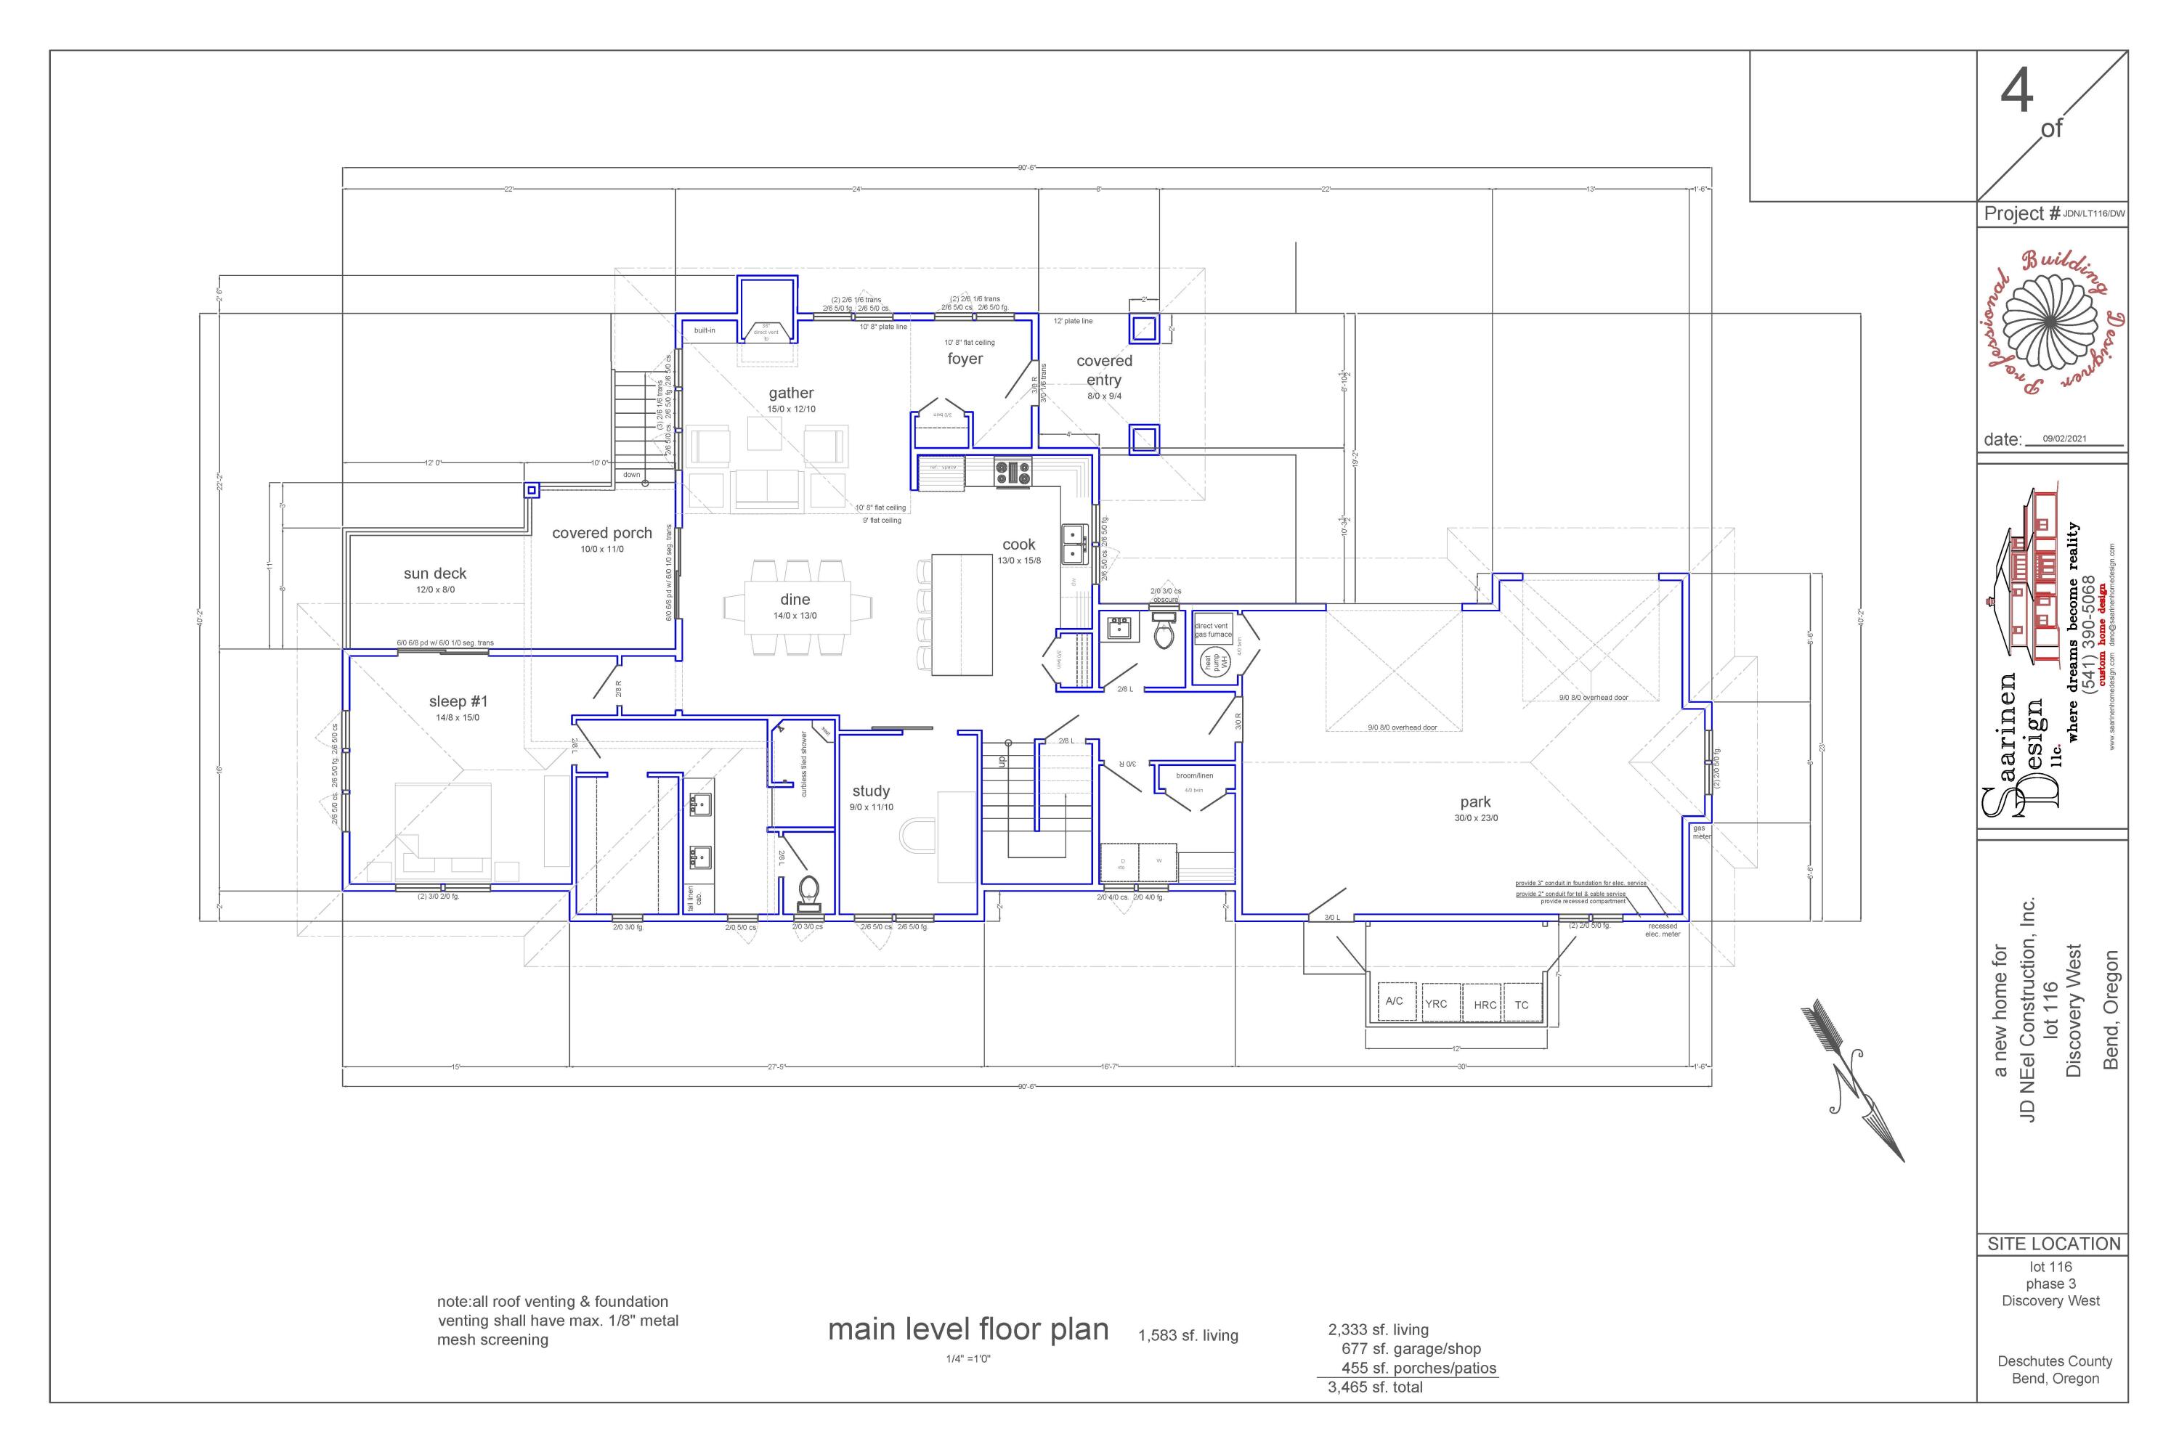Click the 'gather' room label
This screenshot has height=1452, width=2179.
[x=790, y=393]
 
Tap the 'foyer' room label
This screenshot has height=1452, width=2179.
[x=965, y=359]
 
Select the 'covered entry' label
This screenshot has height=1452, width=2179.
[x=1103, y=370]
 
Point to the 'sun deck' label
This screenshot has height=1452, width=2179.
[x=434, y=574]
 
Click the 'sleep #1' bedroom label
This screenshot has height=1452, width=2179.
[x=458, y=702]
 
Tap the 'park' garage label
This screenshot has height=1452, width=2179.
[x=1475, y=802]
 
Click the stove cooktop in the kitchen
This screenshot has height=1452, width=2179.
[x=1013, y=473]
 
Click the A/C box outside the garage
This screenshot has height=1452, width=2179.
[x=1395, y=1001]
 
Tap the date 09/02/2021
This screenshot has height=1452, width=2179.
[x=2064, y=439]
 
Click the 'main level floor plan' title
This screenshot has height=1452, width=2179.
[x=967, y=1330]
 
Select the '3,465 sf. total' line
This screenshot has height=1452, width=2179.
[x=1375, y=1387]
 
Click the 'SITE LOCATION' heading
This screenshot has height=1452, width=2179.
[x=2053, y=1244]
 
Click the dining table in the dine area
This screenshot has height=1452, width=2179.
[x=796, y=606]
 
